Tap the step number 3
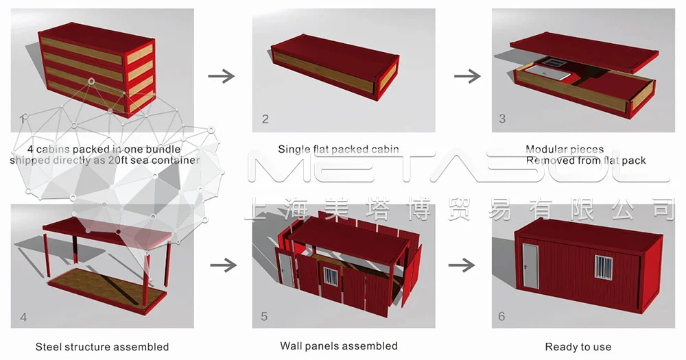click(502, 119)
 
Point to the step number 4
click(24, 317)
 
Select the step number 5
click(264, 316)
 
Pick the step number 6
click(502, 316)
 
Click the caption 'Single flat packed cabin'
click(338, 149)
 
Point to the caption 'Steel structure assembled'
click(102, 347)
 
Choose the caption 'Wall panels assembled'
click(339, 346)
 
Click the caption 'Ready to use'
click(578, 347)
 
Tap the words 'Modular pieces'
click(565, 149)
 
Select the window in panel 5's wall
click(331, 276)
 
